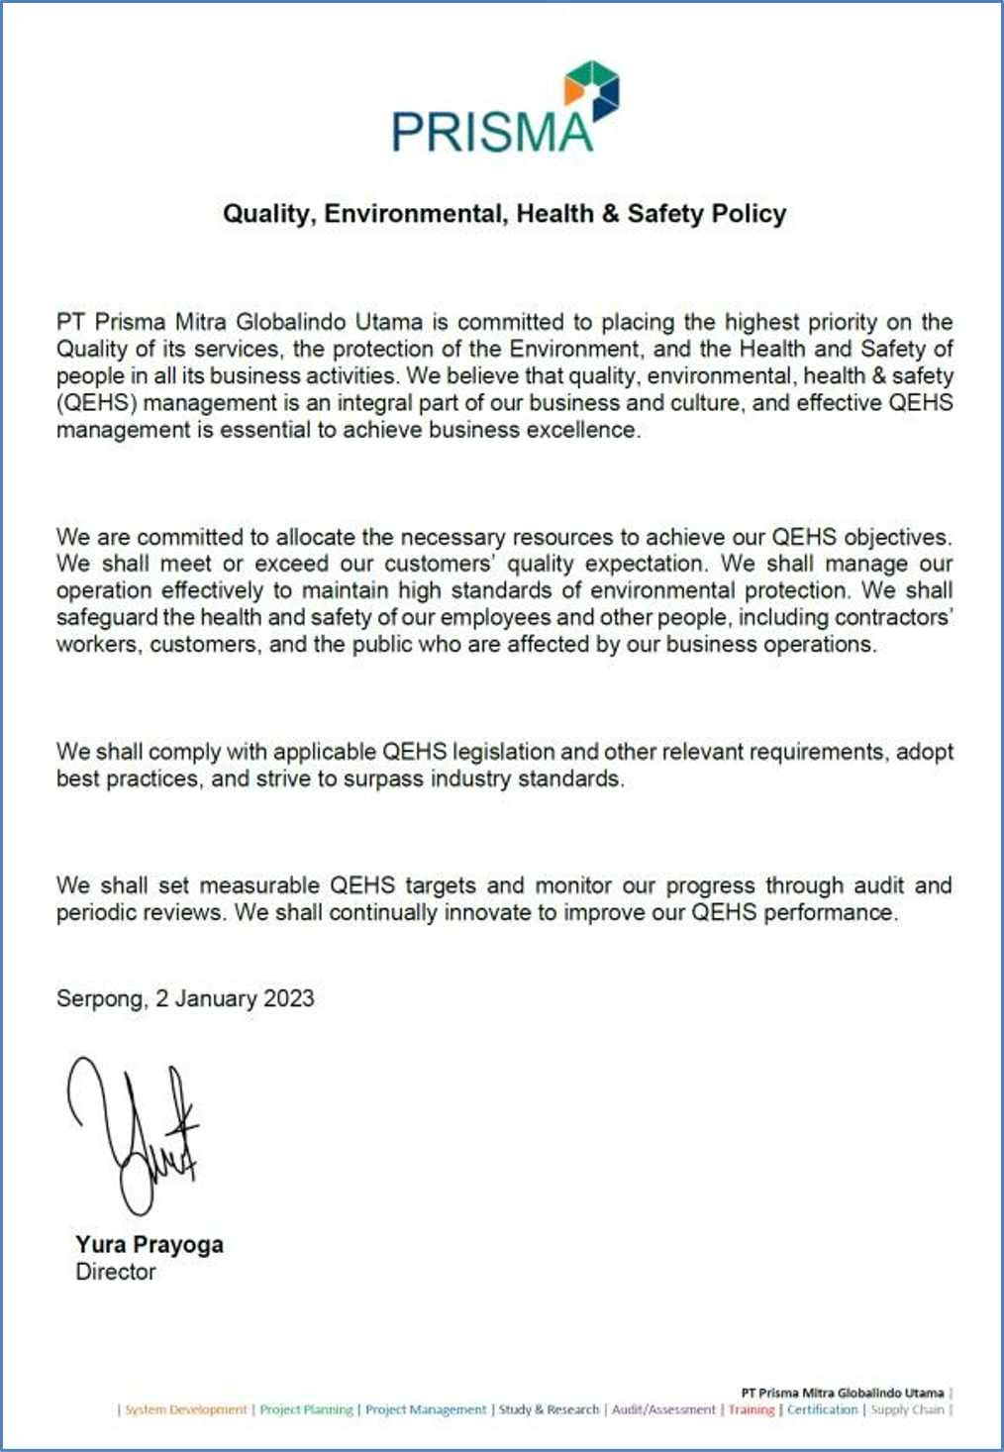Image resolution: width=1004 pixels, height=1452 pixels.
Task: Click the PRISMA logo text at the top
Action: click(492, 132)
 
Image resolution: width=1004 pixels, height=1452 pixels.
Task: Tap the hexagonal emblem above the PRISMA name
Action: click(592, 90)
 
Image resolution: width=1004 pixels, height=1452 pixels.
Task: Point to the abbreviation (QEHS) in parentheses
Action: click(96, 403)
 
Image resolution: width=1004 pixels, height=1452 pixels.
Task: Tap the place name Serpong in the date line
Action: click(99, 998)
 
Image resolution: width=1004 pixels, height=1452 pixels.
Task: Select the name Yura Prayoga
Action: click(150, 1245)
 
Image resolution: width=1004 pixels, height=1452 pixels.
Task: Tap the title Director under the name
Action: click(116, 1272)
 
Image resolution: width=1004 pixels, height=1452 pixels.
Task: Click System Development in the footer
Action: click(185, 1409)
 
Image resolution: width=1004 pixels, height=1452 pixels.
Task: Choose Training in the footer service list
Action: click(752, 1409)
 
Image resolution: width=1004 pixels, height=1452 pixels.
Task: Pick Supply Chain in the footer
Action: click(907, 1409)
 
